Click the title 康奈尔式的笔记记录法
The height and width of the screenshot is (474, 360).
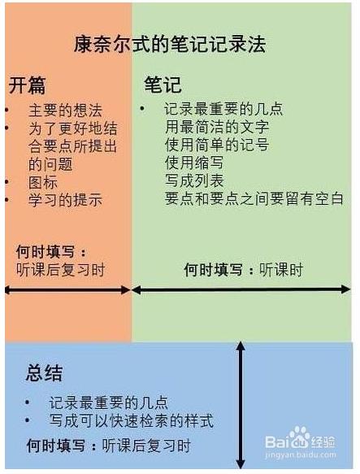tap(170, 45)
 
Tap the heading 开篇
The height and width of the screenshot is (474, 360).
tap(27, 85)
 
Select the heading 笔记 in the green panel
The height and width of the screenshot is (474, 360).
tap(163, 85)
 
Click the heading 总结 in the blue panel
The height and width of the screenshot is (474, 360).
tap(44, 372)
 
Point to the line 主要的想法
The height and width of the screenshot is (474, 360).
tap(65, 111)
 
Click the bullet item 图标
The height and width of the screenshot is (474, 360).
tap(43, 182)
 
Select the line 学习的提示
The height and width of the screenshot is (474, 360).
tap(65, 200)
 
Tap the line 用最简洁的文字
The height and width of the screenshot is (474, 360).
tap(217, 127)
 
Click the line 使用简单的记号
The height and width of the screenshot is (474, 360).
tap(217, 145)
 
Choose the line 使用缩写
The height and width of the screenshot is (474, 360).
tap(194, 163)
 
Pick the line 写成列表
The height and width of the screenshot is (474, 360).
tap(194, 180)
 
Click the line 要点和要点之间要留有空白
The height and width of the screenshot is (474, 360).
tap(254, 198)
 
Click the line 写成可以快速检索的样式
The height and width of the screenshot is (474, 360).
tap(131, 420)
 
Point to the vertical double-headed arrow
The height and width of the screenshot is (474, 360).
tap(241, 405)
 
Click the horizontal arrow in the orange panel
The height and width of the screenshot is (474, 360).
tap(67, 290)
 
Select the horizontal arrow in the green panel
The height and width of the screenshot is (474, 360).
tap(241, 289)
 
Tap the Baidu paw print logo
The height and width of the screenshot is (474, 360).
tap(299, 437)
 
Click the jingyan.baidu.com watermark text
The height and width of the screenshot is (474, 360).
tap(301, 454)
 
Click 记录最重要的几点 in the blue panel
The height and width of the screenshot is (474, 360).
tap(108, 402)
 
